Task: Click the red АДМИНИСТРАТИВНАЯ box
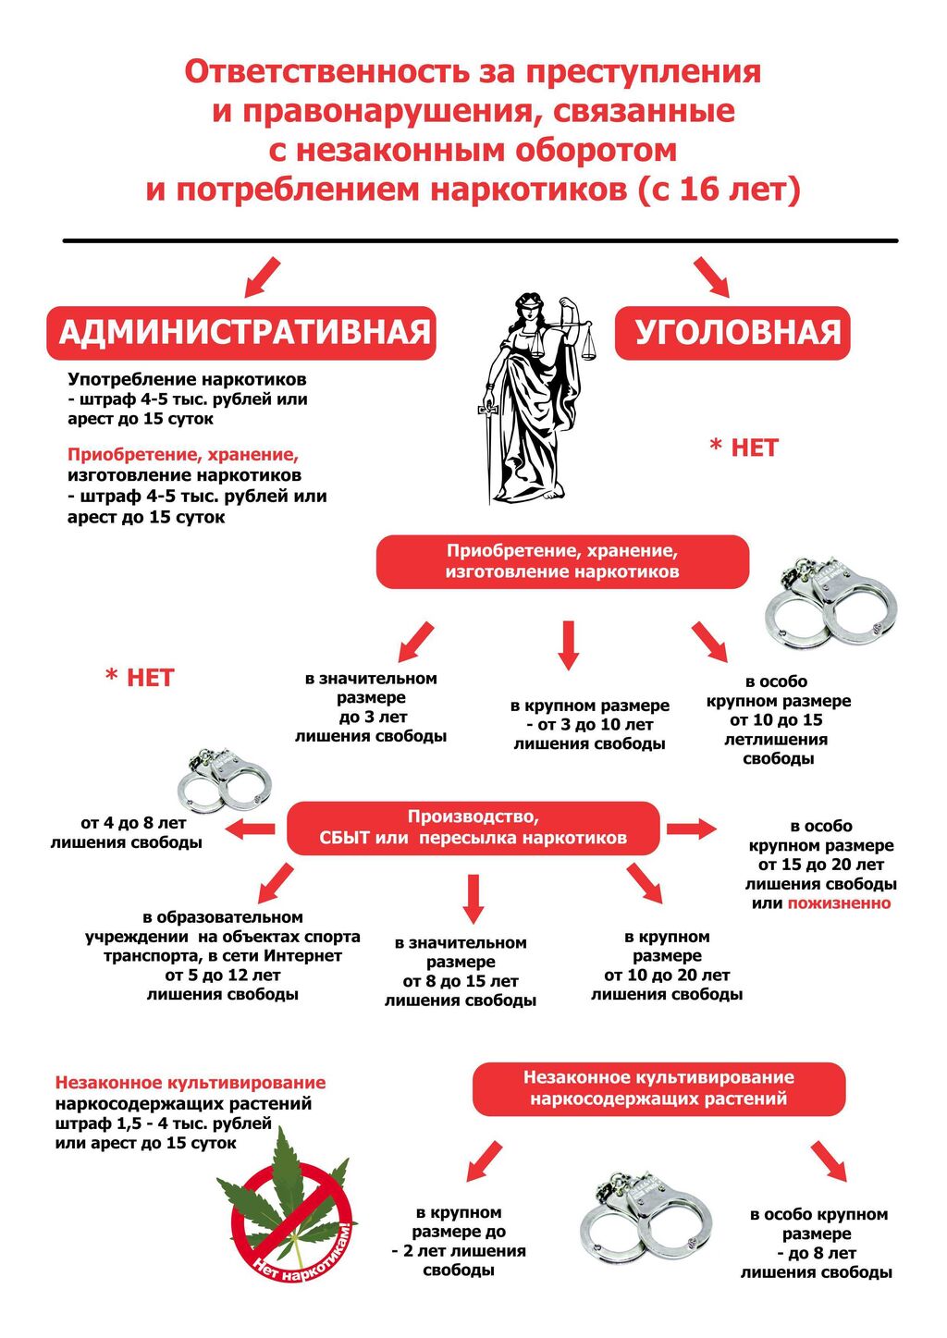pos(240,333)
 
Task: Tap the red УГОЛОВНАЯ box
pos(732,333)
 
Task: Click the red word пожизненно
pos(839,903)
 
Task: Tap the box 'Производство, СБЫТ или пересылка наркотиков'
pos(473,828)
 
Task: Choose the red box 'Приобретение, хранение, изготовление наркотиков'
pos(561,561)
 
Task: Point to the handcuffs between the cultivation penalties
pos(645,1219)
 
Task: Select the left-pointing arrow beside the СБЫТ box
pos(251,828)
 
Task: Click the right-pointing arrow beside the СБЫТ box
pos(691,828)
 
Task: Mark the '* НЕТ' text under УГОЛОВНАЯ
pos(744,448)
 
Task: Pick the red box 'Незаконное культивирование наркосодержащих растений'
pos(658,1088)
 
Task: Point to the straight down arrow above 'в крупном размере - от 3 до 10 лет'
pos(569,644)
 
